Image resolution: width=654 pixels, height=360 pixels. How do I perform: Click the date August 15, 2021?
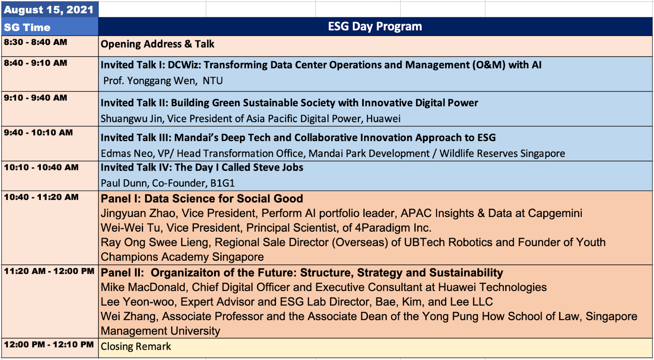point(49,10)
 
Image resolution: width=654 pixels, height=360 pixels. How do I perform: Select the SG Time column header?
point(27,27)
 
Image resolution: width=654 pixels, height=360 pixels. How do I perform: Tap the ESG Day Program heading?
point(375,26)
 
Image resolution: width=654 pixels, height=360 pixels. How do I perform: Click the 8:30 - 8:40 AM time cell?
point(35,42)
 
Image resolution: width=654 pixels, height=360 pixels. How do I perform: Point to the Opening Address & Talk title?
point(157,44)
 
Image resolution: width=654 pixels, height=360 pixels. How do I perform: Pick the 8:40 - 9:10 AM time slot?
point(35,63)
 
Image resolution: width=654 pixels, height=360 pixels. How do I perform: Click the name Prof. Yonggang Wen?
point(150,80)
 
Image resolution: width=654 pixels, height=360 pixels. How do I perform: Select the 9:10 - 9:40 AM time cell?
point(35,98)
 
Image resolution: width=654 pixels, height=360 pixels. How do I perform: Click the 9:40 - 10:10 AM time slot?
point(38,132)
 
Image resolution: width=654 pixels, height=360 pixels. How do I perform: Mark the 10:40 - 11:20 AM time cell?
point(41,197)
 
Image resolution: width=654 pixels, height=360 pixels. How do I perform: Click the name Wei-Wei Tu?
point(130,228)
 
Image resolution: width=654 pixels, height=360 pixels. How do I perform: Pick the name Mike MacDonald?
point(143,287)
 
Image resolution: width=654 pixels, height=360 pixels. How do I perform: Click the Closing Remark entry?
point(136,347)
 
